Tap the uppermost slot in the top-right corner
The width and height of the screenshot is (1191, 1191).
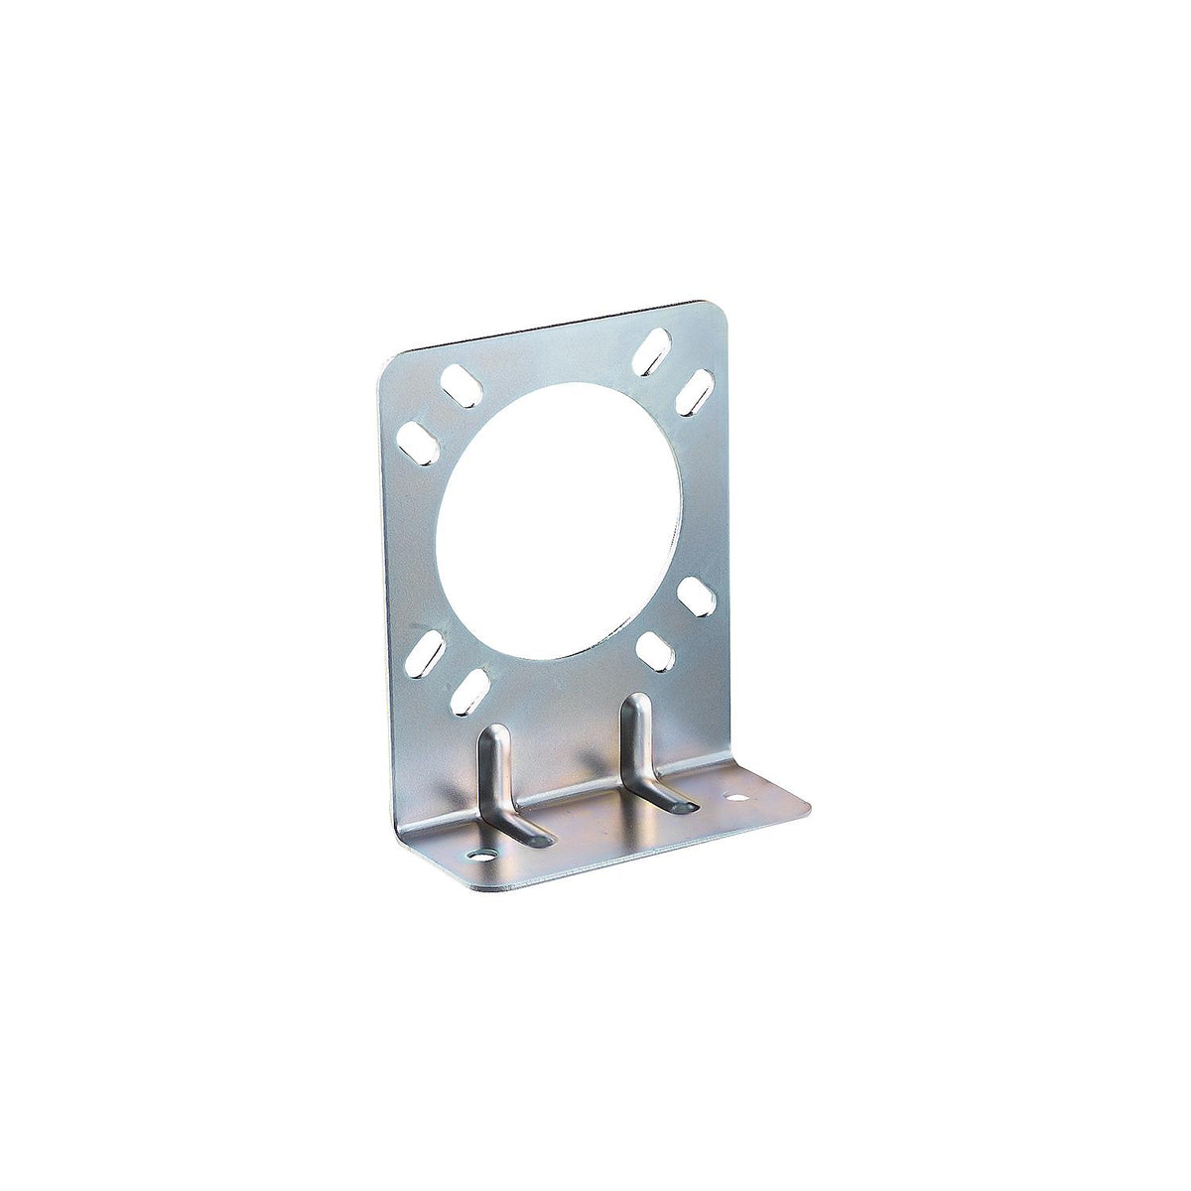[x=651, y=351]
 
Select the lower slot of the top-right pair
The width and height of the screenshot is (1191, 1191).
[x=694, y=391]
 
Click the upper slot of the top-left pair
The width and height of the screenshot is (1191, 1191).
[x=458, y=385]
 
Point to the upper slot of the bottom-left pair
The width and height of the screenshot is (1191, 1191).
[x=425, y=653]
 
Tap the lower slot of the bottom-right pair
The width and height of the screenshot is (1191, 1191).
[x=655, y=651]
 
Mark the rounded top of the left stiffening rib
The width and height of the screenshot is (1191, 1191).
[x=493, y=735]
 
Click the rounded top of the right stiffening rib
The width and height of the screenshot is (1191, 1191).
[x=635, y=705]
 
